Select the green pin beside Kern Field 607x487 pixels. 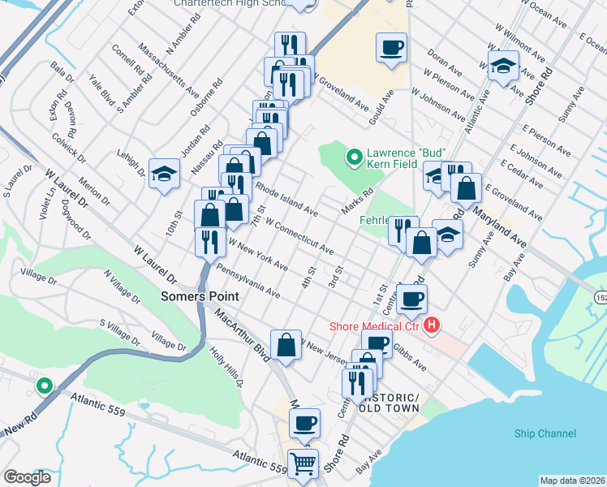click(x=354, y=155)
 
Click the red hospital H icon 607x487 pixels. click(x=432, y=326)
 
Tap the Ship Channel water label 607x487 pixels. click(x=545, y=433)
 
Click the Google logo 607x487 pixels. click(x=27, y=476)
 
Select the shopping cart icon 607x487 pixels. click(x=303, y=464)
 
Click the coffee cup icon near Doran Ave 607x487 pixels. click(x=391, y=48)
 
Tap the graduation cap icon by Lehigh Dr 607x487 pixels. click(x=164, y=173)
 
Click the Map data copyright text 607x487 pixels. click(x=571, y=481)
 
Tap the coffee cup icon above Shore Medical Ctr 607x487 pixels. click(x=412, y=299)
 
